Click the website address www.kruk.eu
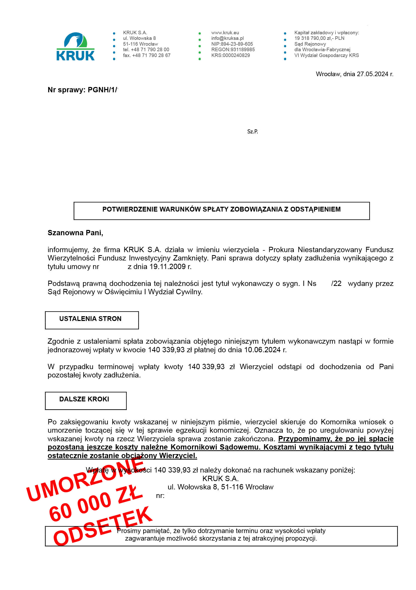(225, 33)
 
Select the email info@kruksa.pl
(227, 38)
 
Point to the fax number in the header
(146, 55)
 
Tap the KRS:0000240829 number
(230, 55)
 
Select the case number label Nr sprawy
(66, 90)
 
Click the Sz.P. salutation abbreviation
(252, 132)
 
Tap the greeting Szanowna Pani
(75, 233)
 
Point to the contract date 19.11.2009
(167, 267)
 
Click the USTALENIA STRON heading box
(92, 320)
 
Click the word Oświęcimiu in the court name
(122, 292)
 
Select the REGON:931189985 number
(233, 50)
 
